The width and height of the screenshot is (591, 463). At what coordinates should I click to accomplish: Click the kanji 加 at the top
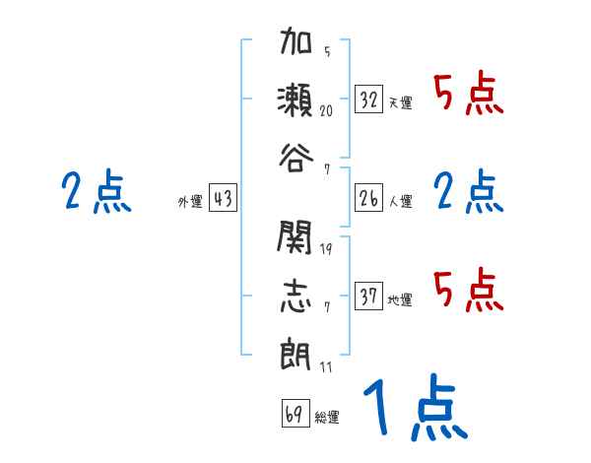coord(295,46)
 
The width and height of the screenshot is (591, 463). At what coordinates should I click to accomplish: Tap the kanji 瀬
coord(295,99)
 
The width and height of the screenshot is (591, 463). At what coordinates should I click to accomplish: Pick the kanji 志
coord(295,295)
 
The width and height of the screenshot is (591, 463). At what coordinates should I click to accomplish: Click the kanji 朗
coord(295,351)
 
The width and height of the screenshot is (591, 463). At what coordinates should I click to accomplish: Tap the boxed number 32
coord(369,99)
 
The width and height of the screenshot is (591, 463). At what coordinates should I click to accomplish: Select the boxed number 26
coord(369,198)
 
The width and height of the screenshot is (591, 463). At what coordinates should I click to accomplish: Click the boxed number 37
coord(369,297)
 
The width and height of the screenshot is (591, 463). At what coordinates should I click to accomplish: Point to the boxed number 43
coord(223,198)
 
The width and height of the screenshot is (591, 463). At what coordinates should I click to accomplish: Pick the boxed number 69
coord(294,414)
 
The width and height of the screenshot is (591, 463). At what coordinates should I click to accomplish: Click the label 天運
coord(400,102)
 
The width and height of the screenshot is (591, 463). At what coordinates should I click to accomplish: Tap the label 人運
coord(400,201)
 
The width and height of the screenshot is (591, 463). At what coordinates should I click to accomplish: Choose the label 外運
coord(190,201)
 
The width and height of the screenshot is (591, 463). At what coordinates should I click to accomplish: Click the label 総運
coord(326,417)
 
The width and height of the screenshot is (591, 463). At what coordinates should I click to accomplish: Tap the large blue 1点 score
coord(413,410)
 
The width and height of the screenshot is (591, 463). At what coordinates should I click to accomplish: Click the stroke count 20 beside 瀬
coord(326,111)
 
